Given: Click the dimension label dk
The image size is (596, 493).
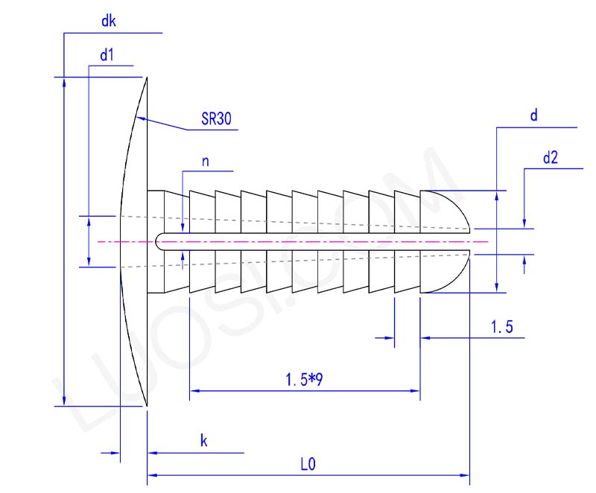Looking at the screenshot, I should pyautogui.click(x=109, y=22).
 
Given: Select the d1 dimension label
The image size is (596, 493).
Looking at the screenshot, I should pyautogui.click(x=106, y=55).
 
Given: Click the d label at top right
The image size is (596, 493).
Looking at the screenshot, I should pyautogui.click(x=533, y=115).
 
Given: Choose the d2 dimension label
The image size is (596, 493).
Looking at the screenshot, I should pyautogui.click(x=551, y=157).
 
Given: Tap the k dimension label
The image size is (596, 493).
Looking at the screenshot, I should pyautogui.click(x=203, y=441).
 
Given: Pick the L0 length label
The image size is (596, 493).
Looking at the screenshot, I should pyautogui.click(x=308, y=464).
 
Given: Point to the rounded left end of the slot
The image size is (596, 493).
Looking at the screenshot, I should pyautogui.click(x=159, y=241).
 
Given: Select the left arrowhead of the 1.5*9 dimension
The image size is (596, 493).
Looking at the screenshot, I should pyautogui.click(x=194, y=390).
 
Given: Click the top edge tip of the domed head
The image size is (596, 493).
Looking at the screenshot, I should pyautogui.click(x=148, y=77).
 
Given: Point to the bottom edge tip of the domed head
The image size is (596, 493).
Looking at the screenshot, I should pyautogui.click(x=148, y=406).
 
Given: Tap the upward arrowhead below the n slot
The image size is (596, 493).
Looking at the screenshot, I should pyautogui.click(x=183, y=253).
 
